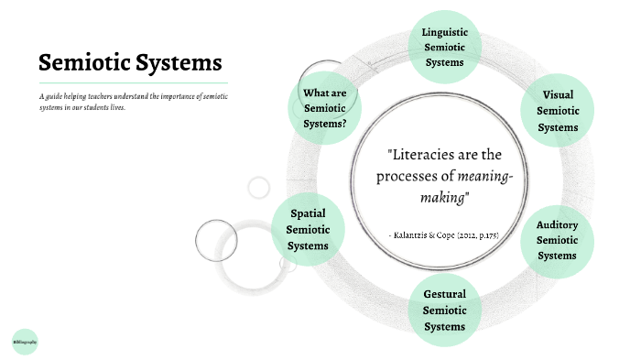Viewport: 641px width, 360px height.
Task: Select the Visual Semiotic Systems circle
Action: [558, 111]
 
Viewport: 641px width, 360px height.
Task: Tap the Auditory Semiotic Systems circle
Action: [558, 239]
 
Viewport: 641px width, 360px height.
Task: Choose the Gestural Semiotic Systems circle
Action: [444, 310]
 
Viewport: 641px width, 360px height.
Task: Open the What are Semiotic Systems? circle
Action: [325, 108]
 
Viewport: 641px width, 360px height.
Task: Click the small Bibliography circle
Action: [25, 341]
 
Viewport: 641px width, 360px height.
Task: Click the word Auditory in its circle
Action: [558, 224]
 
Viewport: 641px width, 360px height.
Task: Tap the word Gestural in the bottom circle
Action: [445, 294]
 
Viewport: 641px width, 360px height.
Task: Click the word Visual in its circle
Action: [559, 95]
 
